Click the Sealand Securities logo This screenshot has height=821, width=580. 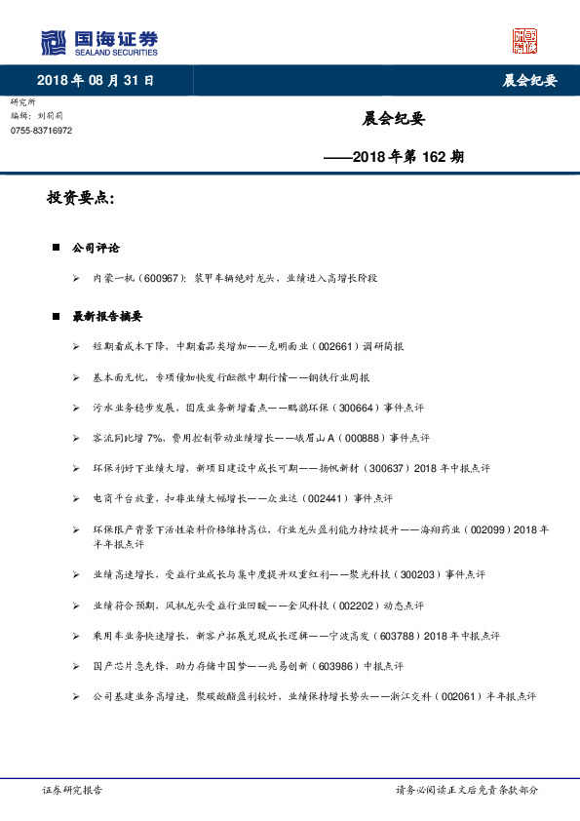point(98,42)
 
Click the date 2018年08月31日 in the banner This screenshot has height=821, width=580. point(95,80)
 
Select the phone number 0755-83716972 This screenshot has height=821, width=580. point(41,130)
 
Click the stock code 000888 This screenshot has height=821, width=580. point(337,437)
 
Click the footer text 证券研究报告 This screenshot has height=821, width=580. point(73,789)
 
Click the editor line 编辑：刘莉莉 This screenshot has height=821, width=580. point(38,115)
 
